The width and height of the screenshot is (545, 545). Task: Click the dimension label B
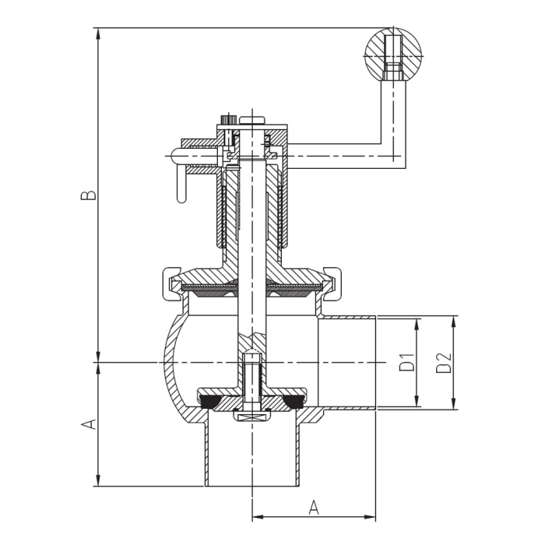[x=91, y=194]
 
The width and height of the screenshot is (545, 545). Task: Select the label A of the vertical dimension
[x=90, y=424]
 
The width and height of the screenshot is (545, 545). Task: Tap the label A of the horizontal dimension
[x=314, y=507]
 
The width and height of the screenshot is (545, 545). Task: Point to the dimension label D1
[x=406, y=363]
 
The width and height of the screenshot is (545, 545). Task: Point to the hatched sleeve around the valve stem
[x=230, y=210]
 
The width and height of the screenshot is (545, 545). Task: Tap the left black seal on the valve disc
[x=209, y=402]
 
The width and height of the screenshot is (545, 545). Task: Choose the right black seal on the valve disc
[x=294, y=402]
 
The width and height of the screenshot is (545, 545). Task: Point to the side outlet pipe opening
[x=350, y=363]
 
